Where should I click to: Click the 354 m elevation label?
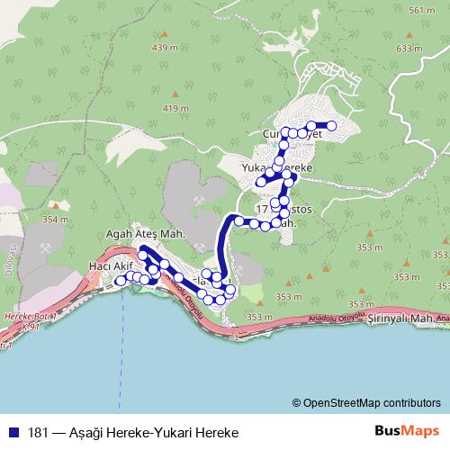(x=54, y=219)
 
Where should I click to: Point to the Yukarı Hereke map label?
(x=277, y=168)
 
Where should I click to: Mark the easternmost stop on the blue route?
(x=332, y=126)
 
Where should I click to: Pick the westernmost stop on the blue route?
(x=119, y=281)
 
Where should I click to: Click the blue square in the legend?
(x=13, y=432)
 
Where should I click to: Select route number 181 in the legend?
(x=39, y=432)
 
